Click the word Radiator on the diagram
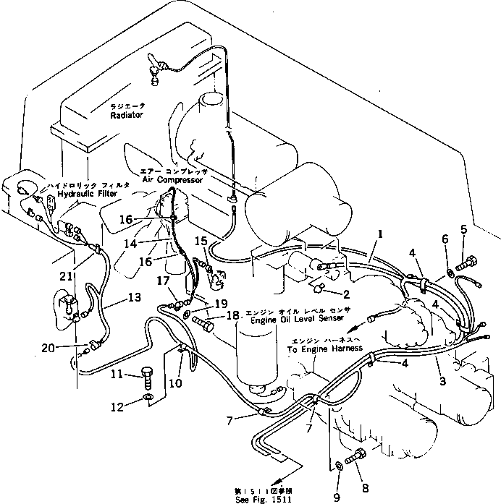tap(127, 115)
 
